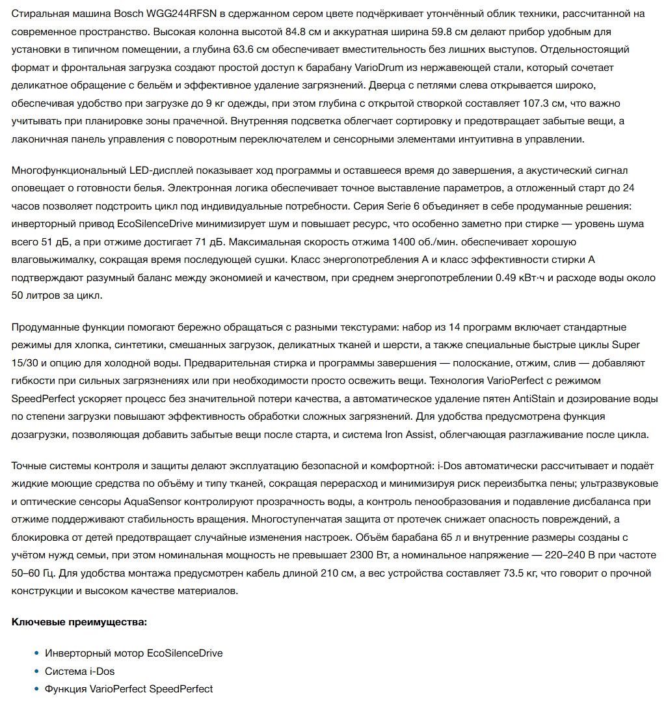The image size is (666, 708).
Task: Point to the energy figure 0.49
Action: (479, 277)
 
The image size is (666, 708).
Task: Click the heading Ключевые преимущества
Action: (79, 622)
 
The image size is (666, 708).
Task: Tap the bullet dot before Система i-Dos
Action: (36, 671)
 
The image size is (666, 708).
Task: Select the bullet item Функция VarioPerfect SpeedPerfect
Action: (129, 688)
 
